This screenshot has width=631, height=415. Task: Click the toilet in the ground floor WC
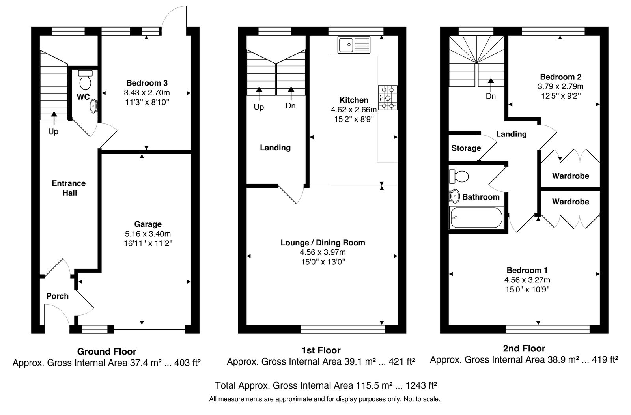click(85, 79)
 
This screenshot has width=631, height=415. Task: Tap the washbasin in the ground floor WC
click(94, 107)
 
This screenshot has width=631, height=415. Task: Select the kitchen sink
click(354, 45)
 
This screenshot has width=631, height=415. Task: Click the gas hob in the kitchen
click(388, 98)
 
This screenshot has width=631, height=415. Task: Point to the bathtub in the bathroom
click(476, 218)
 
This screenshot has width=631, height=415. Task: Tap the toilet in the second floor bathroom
click(459, 176)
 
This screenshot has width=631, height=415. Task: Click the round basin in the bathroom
click(454, 196)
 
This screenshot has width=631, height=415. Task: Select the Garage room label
click(148, 224)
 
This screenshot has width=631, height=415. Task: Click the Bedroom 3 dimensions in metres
click(147, 92)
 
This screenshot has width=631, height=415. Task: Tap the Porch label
click(58, 296)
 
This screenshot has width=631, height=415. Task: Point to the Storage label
click(466, 148)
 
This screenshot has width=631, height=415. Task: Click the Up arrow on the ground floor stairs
click(54, 118)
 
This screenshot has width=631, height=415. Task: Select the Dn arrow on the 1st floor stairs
click(291, 93)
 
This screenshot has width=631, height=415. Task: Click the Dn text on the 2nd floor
click(491, 96)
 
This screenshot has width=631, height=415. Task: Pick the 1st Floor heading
click(321, 350)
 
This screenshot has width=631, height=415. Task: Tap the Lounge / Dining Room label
click(323, 243)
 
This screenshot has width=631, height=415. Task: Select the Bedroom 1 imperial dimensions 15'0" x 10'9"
click(527, 289)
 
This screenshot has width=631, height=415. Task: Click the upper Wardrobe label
click(571, 176)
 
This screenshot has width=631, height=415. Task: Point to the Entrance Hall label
click(69, 188)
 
